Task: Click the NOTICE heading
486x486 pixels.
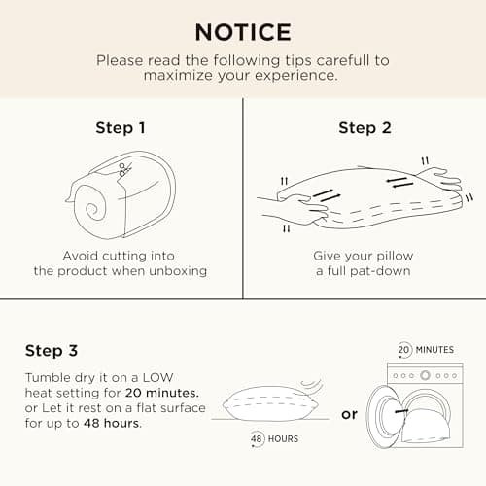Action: [242, 31]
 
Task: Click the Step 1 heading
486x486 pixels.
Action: [121, 127]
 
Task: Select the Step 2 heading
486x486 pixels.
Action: [364, 127]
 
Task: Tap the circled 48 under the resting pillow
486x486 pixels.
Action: [259, 437]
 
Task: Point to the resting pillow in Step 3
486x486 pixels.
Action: [266, 402]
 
